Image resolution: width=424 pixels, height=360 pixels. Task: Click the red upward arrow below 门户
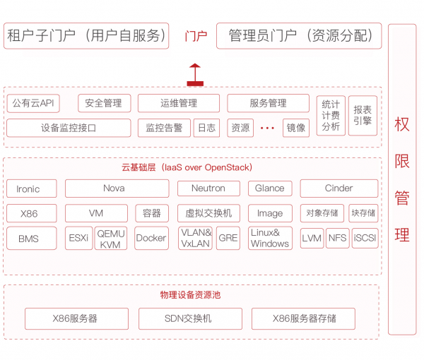(x=195, y=75)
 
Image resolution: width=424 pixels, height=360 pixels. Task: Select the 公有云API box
(x=33, y=103)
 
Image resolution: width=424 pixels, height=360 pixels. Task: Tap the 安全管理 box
(x=105, y=103)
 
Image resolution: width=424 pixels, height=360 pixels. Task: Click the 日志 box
(x=206, y=128)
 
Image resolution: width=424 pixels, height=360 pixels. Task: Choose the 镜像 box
(x=296, y=128)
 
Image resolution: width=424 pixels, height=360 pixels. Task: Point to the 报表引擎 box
(x=363, y=115)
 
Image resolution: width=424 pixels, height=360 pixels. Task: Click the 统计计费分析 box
(x=331, y=115)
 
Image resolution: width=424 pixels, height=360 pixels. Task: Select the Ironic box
(x=32, y=188)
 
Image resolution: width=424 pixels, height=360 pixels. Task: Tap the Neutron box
(x=208, y=188)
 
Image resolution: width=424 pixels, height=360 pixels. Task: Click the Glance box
(x=270, y=188)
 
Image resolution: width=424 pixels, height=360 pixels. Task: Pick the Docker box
(x=151, y=238)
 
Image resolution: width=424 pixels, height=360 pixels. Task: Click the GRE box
(x=228, y=238)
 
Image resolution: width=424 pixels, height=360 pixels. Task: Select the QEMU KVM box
(x=111, y=238)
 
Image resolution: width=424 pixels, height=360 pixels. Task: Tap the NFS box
(x=338, y=238)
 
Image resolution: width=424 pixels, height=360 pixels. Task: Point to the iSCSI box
(x=365, y=238)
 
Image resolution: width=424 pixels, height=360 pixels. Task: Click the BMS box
(x=32, y=238)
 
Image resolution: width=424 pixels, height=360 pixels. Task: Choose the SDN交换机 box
(x=190, y=318)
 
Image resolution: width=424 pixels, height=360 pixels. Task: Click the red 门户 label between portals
(x=196, y=36)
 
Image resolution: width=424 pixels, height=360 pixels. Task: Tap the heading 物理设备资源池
(x=190, y=294)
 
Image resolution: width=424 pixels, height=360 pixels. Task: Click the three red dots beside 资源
(x=267, y=128)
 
